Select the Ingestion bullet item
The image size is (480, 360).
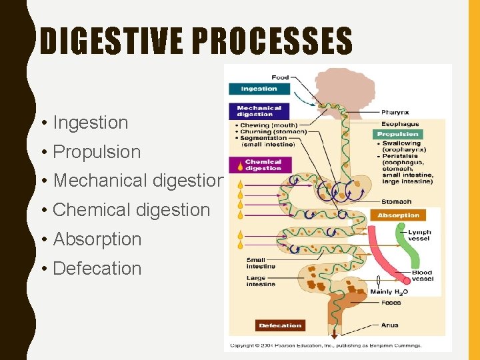pyautogui.click(x=90, y=123)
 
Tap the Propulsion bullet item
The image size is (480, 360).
pyautogui.click(x=97, y=152)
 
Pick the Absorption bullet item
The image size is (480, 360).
pyautogui.click(x=97, y=239)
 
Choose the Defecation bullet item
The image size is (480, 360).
pyautogui.click(x=97, y=268)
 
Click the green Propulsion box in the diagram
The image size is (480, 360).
pyautogui.click(x=398, y=134)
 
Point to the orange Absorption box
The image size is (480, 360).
pyautogui.click(x=398, y=215)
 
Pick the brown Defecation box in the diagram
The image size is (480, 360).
pyautogui.click(x=280, y=325)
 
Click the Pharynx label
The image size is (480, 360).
pyautogui.click(x=395, y=113)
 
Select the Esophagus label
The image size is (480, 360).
pyautogui.click(x=400, y=123)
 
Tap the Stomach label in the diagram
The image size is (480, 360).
pyautogui.click(x=396, y=201)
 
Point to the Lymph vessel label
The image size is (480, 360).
pyautogui.click(x=419, y=235)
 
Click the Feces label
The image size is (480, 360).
pyautogui.click(x=391, y=303)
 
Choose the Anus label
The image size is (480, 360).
pyautogui.click(x=390, y=325)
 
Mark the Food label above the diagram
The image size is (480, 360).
pyautogui.click(x=280, y=77)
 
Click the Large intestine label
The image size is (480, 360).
pyautogui.click(x=261, y=281)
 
